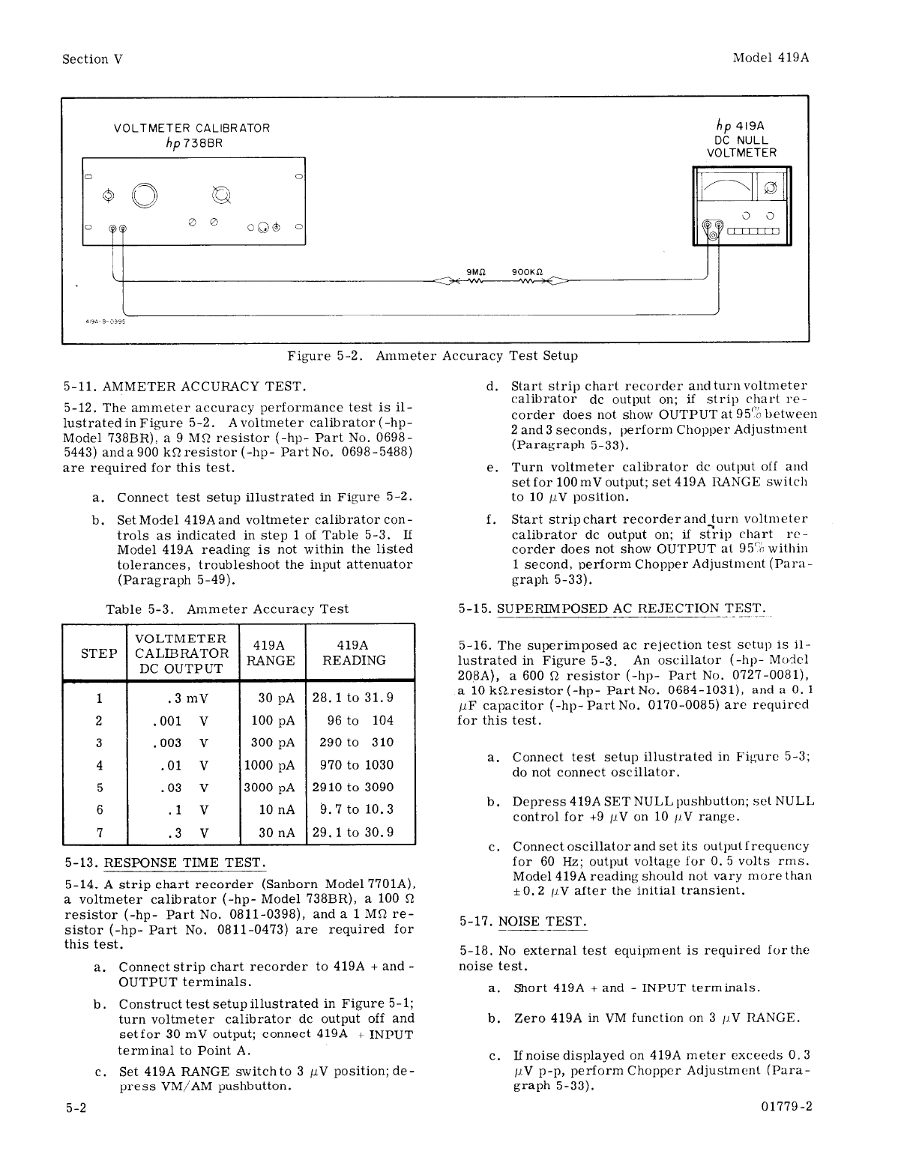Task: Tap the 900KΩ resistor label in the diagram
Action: pyautogui.click(x=527, y=272)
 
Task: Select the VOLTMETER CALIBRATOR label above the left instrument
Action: pyautogui.click(x=192, y=128)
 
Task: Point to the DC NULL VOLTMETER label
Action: pyautogui.click(x=741, y=146)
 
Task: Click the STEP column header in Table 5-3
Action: pyautogui.click(x=99, y=653)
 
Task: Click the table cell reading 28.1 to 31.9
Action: pyautogui.click(x=352, y=698)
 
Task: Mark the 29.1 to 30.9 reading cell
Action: pyautogui.click(x=352, y=833)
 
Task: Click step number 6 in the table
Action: pyautogui.click(x=99, y=810)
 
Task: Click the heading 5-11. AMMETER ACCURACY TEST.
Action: pyautogui.click(x=184, y=387)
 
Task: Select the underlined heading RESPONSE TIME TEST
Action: pyautogui.click(x=184, y=862)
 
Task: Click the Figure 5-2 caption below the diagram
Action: pyautogui.click(x=433, y=355)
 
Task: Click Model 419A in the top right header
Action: pyautogui.click(x=771, y=58)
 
